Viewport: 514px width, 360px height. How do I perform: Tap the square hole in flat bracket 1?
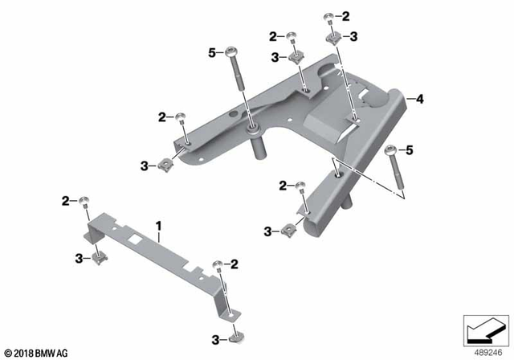[133, 238]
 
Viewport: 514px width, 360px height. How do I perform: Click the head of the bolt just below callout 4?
[391, 149]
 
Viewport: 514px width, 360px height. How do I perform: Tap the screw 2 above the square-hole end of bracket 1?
[86, 201]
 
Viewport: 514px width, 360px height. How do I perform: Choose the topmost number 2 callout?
[346, 16]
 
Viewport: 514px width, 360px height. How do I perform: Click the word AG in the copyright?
[63, 352]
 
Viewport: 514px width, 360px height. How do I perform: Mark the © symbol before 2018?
[7, 352]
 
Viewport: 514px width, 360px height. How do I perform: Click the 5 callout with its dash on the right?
[213, 53]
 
